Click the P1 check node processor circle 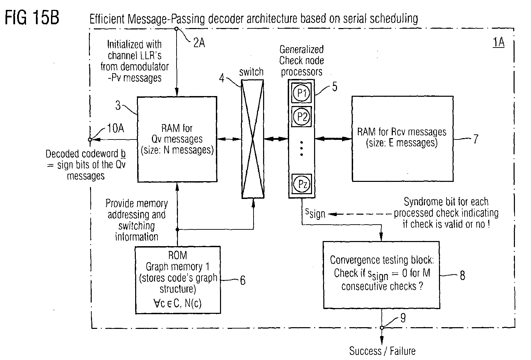click(x=301, y=93)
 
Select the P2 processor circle click(x=301, y=117)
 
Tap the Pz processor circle click(x=302, y=184)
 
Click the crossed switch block click(x=253, y=139)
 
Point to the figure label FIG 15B click(x=32, y=17)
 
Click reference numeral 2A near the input click(x=199, y=43)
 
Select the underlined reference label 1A click(x=498, y=43)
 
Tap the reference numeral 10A click(x=115, y=128)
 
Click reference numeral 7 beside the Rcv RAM click(x=476, y=139)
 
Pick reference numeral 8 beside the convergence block click(x=463, y=276)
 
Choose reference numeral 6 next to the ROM click(x=243, y=280)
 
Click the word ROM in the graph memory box click(x=178, y=255)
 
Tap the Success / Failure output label click(x=382, y=351)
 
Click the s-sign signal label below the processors click(x=315, y=214)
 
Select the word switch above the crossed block click(x=251, y=72)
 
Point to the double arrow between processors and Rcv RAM click(x=333, y=139)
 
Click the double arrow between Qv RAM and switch click(x=229, y=139)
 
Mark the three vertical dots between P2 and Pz click(x=301, y=148)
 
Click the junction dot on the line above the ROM click(x=177, y=229)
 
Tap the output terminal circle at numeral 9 click(x=382, y=328)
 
